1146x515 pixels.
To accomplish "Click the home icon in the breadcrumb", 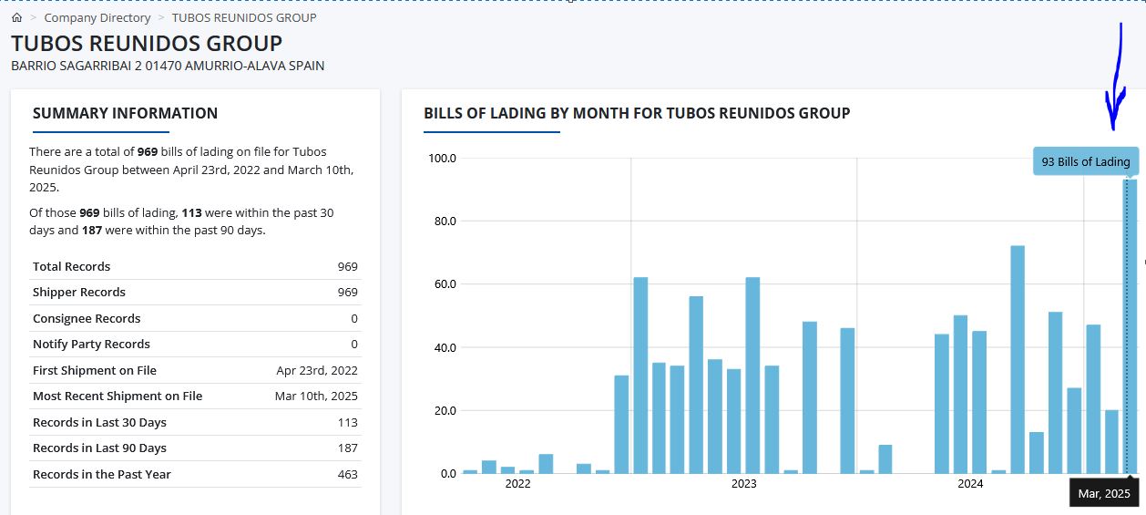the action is click(x=17, y=17).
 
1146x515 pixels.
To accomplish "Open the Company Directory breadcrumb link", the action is click(x=97, y=18).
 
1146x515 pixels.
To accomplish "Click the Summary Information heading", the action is click(x=126, y=113).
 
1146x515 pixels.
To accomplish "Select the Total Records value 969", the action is click(x=347, y=267).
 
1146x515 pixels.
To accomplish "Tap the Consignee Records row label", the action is click(x=87, y=318).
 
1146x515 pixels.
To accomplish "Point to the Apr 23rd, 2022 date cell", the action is click(x=317, y=370).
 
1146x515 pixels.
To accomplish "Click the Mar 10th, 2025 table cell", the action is click(x=316, y=397).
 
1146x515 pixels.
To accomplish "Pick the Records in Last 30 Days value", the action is click(x=347, y=422).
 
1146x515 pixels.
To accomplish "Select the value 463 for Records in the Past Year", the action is click(x=347, y=475).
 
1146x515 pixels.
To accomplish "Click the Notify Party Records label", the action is click(x=91, y=344).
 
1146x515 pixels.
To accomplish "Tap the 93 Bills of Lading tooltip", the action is click(x=1086, y=161).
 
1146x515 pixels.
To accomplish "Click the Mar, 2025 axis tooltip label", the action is click(x=1104, y=493).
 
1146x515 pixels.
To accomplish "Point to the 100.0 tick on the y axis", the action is click(x=442, y=159).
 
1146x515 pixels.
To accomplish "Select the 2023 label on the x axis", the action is click(x=744, y=484).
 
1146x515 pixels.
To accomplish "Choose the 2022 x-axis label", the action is click(x=517, y=484).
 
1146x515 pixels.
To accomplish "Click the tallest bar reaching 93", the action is click(x=1130, y=326).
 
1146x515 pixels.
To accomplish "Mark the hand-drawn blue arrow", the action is click(x=1117, y=77).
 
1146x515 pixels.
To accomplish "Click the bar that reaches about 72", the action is click(x=1018, y=359).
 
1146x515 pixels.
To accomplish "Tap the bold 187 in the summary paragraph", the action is click(x=92, y=231).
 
